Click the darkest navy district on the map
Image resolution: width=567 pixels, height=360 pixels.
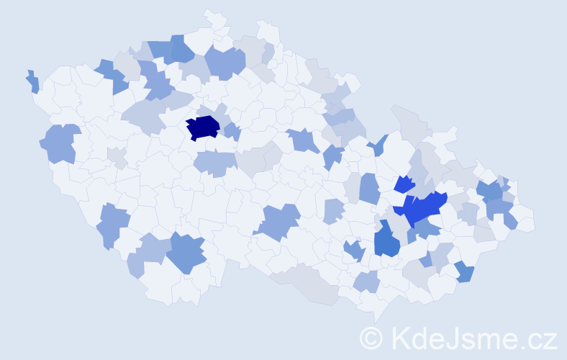(203, 127)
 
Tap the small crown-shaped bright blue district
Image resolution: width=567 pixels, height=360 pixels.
(404, 184)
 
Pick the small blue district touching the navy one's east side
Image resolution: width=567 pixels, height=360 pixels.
(232, 132)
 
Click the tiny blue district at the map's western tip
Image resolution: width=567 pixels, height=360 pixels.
(33, 82)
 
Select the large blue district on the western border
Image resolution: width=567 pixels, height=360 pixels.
(61, 143)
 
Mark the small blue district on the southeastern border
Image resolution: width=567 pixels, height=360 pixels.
(465, 272)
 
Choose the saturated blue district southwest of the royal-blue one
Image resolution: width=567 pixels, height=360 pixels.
(386, 240)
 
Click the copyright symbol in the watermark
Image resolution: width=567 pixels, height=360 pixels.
(373, 336)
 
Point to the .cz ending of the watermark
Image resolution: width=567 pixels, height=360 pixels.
(537, 336)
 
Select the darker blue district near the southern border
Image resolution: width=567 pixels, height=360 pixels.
(189, 253)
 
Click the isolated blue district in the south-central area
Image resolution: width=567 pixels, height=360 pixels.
(277, 221)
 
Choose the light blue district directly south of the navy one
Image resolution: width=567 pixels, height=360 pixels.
(214, 163)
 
